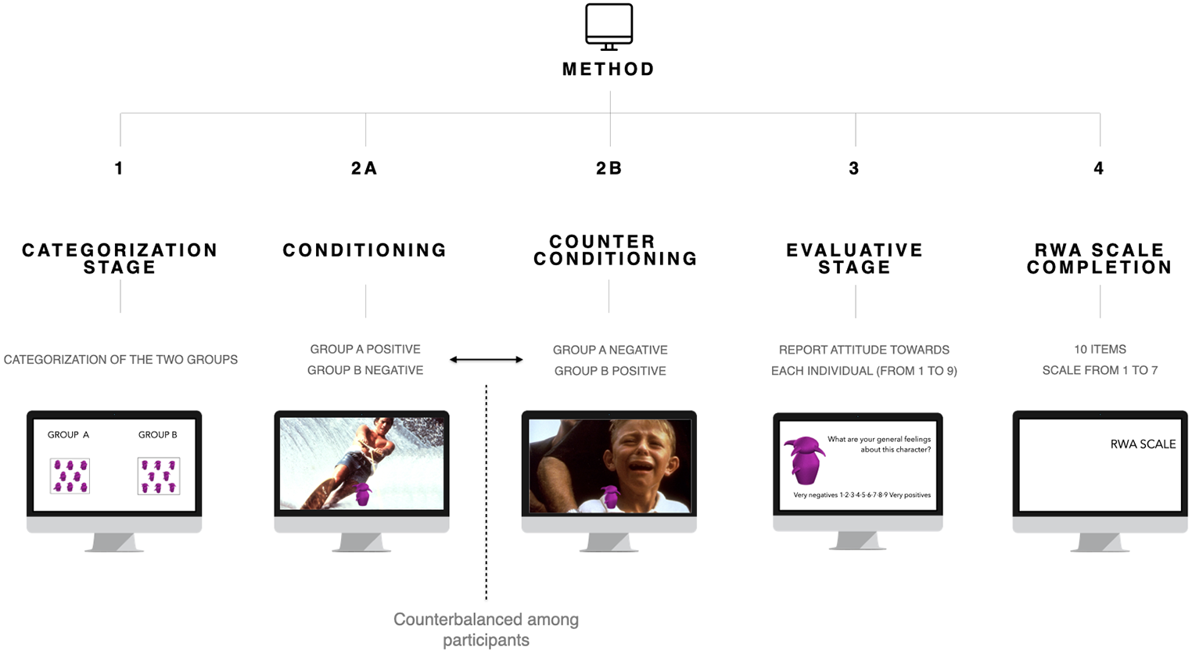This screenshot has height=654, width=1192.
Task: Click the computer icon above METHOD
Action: click(609, 27)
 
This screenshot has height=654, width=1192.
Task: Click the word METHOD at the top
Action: click(609, 69)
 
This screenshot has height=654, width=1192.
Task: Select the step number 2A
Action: click(364, 168)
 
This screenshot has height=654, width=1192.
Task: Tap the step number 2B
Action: click(609, 168)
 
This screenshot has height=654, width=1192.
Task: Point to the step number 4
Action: click(1099, 168)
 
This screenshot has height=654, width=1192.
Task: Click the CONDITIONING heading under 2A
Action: click(365, 250)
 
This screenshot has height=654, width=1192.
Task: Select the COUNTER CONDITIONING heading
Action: click(615, 250)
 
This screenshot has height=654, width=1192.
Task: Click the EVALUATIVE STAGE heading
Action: click(855, 259)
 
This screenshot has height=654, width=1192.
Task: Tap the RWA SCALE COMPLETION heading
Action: click(1100, 259)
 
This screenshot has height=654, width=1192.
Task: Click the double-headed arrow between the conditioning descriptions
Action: click(486, 360)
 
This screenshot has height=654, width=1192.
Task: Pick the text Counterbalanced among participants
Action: click(486, 630)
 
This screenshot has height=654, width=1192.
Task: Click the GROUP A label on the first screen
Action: click(68, 435)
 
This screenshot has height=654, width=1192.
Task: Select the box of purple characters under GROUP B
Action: click(159, 476)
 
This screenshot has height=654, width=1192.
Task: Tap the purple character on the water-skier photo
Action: click(363, 494)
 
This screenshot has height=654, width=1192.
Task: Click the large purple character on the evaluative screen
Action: click(804, 461)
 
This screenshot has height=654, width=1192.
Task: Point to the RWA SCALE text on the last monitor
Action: click(1143, 444)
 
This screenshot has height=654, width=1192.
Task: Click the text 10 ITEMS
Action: click(1100, 349)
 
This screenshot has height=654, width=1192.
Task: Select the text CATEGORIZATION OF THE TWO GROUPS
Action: click(120, 360)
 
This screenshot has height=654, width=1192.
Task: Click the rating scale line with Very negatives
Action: click(862, 495)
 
